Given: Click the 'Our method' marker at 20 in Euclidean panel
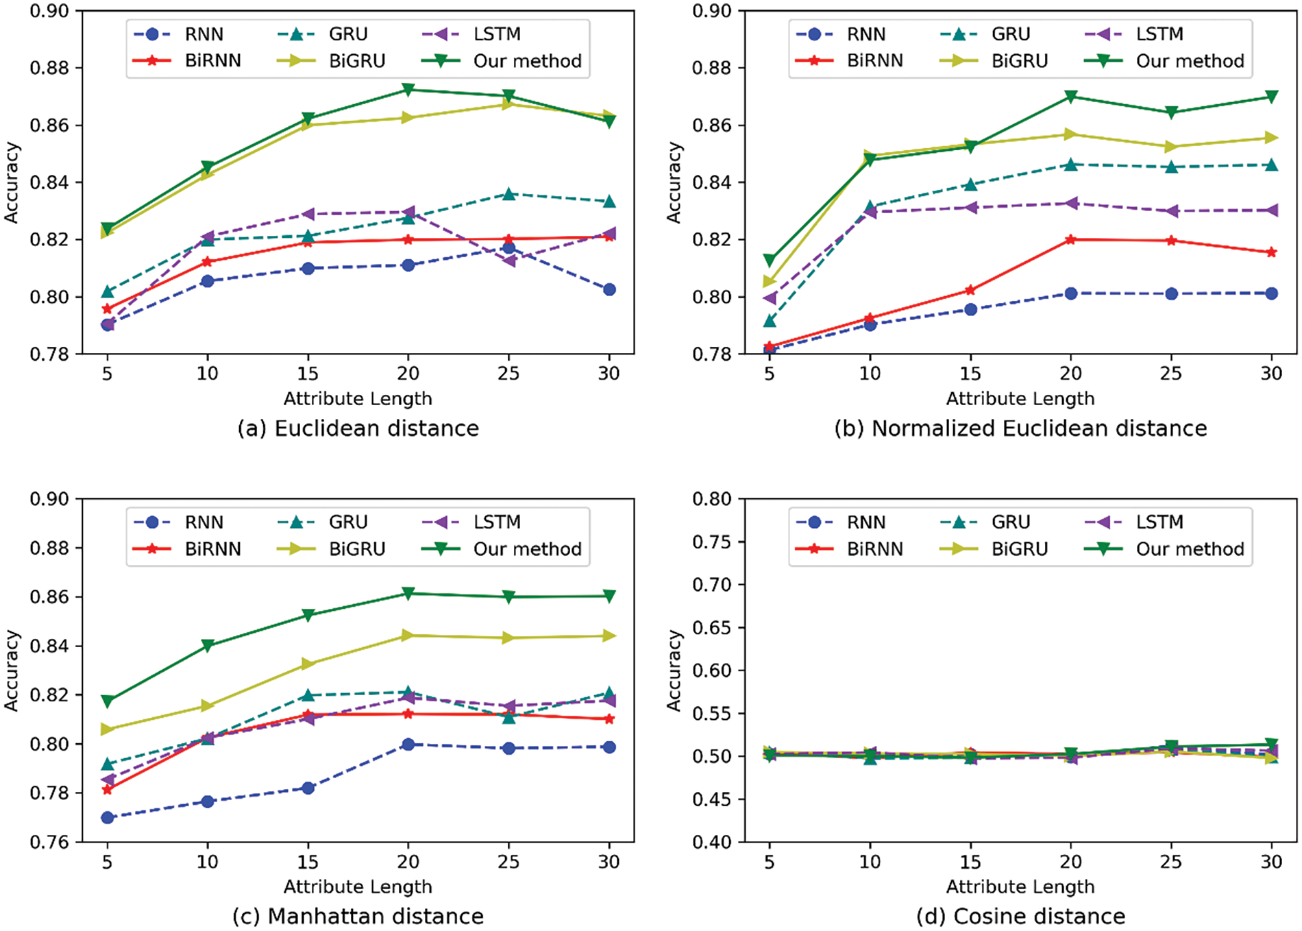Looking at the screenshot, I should [408, 90].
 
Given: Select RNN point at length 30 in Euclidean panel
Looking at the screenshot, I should [609, 289].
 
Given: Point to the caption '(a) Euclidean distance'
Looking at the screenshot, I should [358, 428].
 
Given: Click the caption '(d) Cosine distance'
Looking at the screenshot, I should [1020, 917].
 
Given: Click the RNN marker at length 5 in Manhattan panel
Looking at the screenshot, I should [107, 817].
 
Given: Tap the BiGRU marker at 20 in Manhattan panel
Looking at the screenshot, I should [408, 636].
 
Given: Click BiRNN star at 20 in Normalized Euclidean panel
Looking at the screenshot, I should [1070, 239].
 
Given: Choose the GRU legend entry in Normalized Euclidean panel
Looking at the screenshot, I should [1011, 34].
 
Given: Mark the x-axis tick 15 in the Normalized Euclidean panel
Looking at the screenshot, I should [970, 374].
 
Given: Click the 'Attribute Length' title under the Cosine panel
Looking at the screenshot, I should [1020, 886].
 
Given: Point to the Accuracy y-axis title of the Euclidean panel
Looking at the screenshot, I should [12, 182].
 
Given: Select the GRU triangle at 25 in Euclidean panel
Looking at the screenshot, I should [508, 194].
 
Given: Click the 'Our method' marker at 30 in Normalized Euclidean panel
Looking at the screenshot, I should [1271, 97].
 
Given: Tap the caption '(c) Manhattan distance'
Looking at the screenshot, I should [358, 917].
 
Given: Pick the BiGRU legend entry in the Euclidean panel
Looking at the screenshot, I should [357, 61].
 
